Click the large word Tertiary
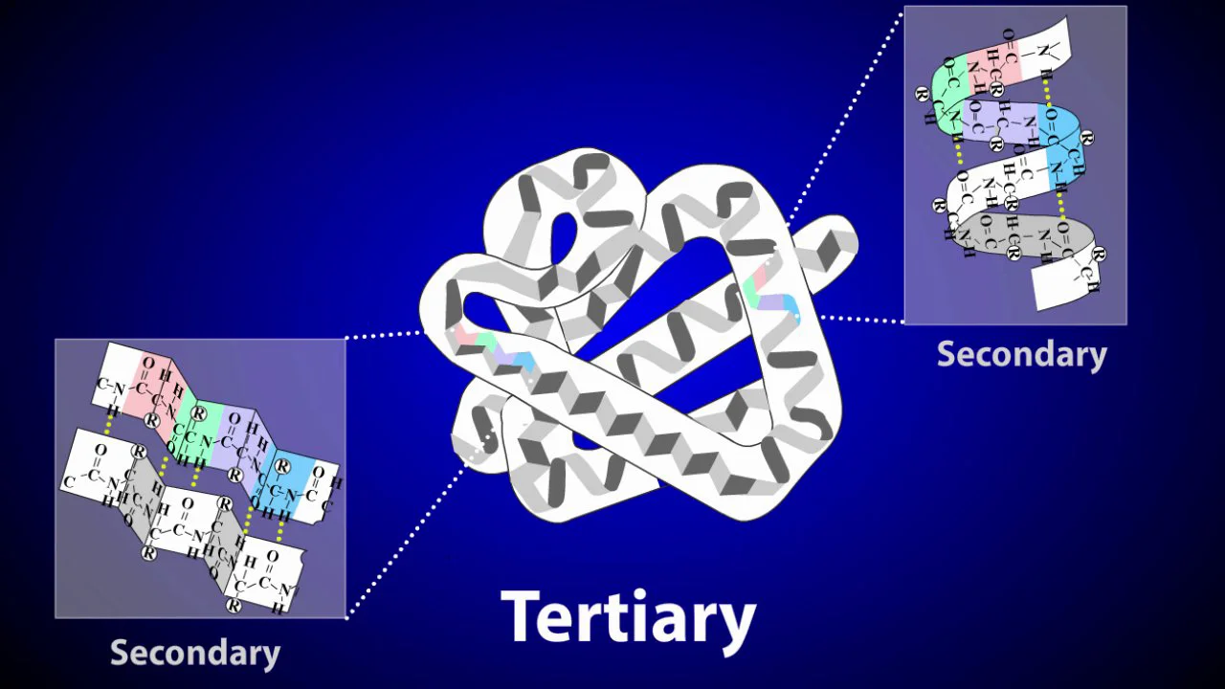[628, 618]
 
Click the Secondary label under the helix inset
[1021, 354]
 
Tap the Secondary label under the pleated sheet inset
[195, 653]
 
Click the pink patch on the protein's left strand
[465, 334]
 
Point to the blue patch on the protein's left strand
[523, 361]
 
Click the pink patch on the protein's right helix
[759, 277]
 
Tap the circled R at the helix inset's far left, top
[922, 93]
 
